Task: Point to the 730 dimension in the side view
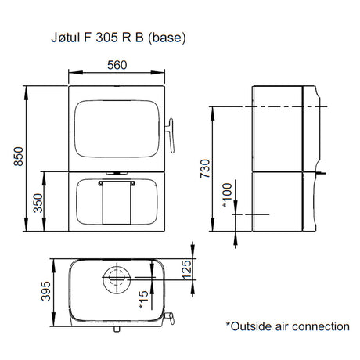pyautogui.click(x=206, y=167)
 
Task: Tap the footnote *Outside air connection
pyautogui.click(x=287, y=326)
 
